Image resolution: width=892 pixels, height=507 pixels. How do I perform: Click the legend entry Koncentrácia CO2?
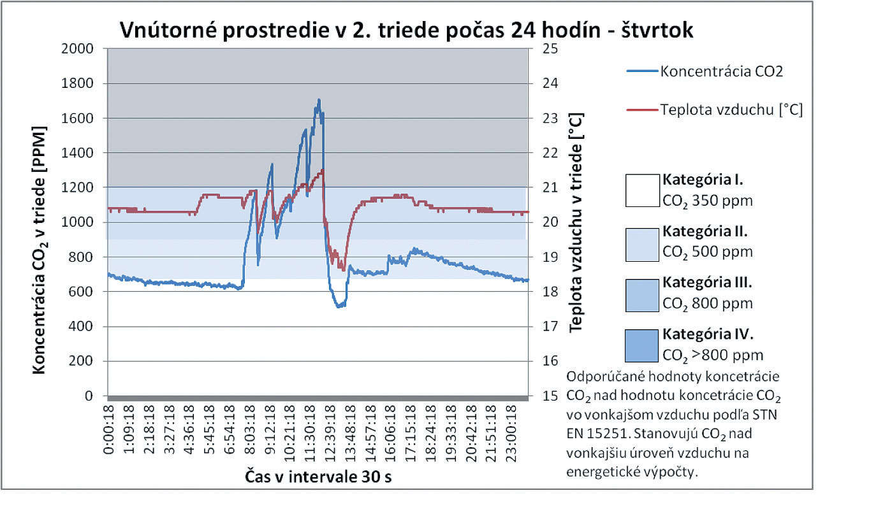[721, 71]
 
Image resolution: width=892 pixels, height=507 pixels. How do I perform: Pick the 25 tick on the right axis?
[550, 48]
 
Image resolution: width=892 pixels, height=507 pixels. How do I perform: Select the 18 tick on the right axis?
[550, 292]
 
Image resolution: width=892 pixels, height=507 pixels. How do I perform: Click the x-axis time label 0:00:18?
[109, 433]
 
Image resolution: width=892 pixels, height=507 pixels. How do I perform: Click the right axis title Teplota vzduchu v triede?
[576, 223]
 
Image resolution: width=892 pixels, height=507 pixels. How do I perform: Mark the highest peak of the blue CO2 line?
[319, 100]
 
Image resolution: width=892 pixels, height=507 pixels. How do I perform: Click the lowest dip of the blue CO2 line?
[339, 307]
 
